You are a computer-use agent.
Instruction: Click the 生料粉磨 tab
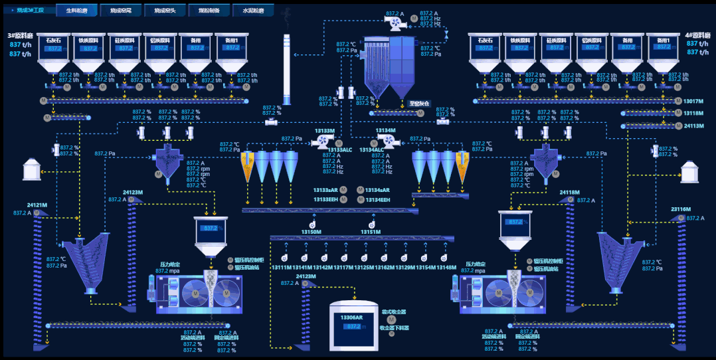click(x=76, y=11)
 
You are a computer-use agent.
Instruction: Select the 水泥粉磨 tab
click(x=253, y=11)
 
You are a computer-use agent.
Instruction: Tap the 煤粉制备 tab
click(x=209, y=11)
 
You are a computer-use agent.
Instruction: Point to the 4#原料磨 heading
click(x=697, y=35)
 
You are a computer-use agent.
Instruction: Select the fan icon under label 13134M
click(x=386, y=141)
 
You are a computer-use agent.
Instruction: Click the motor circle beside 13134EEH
click(x=361, y=199)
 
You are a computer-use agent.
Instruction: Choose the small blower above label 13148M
click(x=446, y=257)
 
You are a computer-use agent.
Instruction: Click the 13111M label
click(x=281, y=268)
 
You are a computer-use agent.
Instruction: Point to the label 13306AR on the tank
click(x=352, y=317)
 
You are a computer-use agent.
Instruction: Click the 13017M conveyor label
click(x=693, y=101)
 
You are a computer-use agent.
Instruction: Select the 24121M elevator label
click(x=37, y=205)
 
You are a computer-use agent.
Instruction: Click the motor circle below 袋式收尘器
click(x=391, y=319)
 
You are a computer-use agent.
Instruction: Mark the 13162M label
click(x=385, y=268)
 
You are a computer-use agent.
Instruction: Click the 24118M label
click(x=570, y=192)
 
